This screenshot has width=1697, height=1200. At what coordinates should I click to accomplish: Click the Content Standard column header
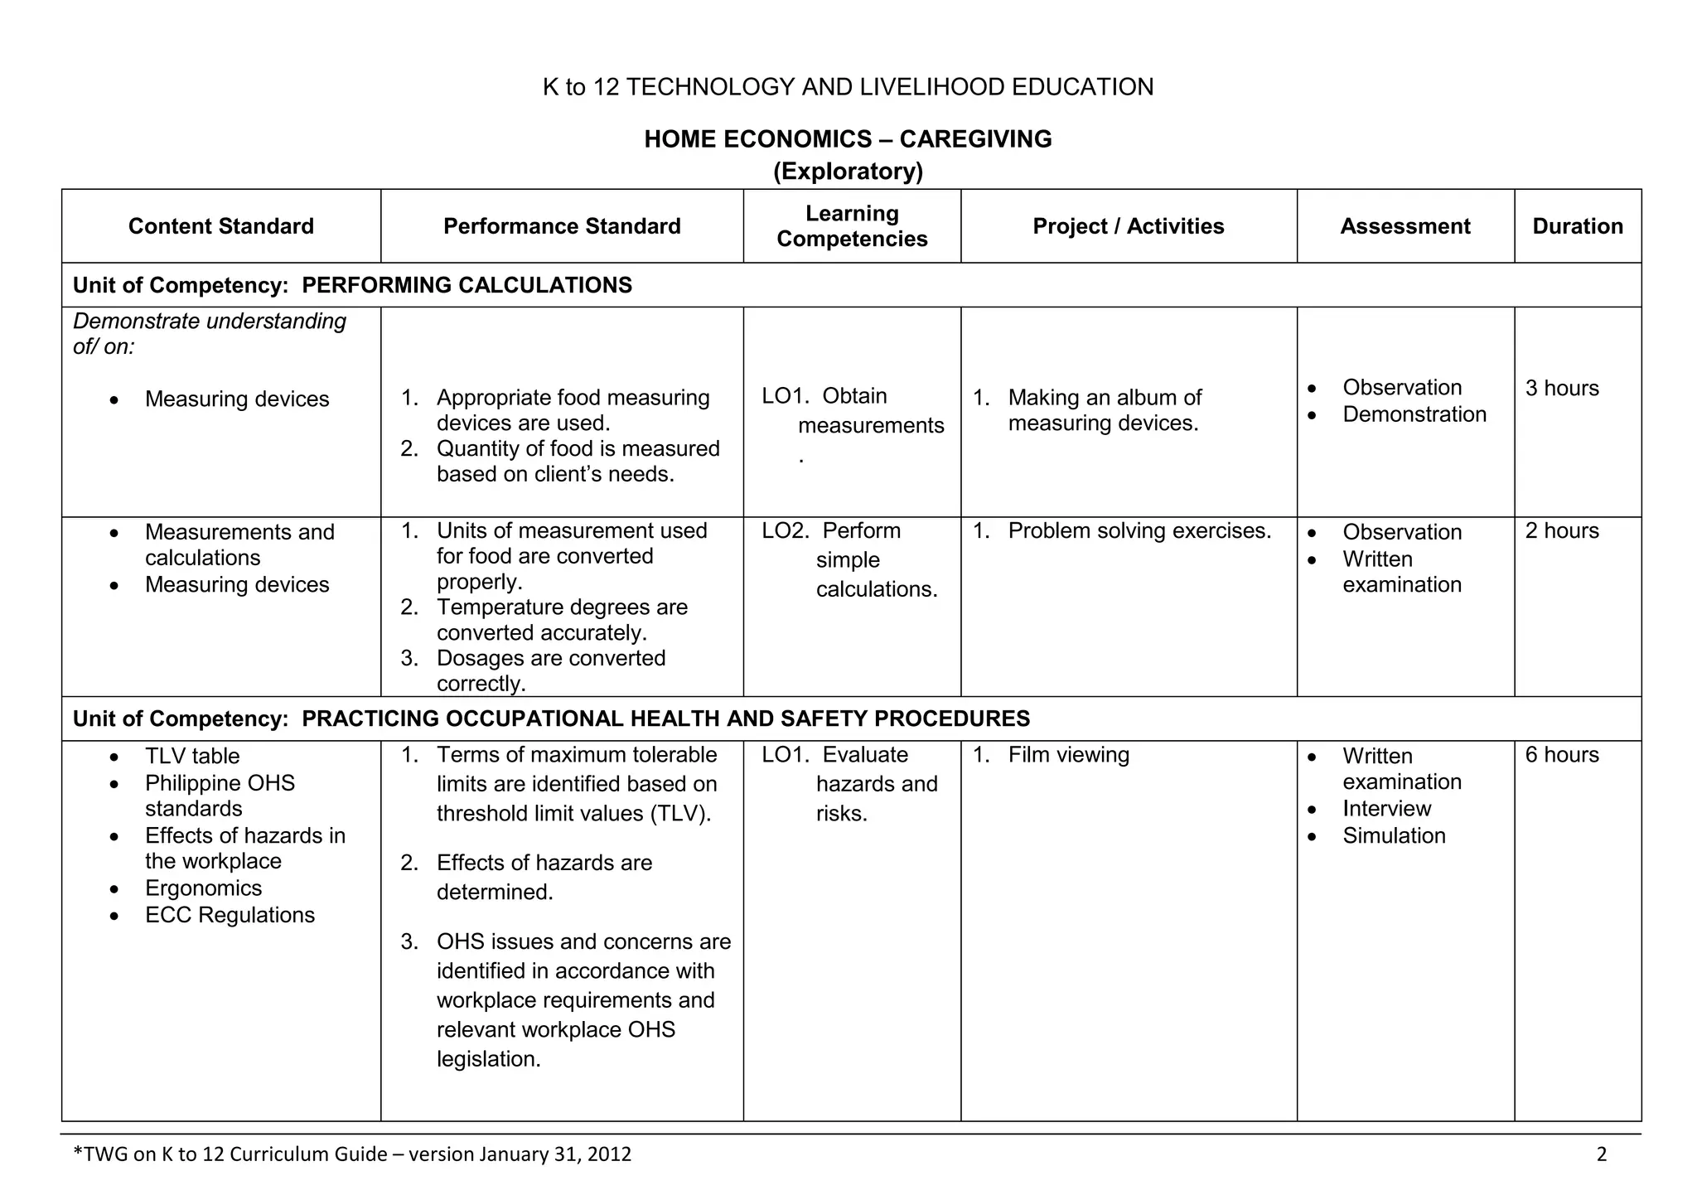[220, 226]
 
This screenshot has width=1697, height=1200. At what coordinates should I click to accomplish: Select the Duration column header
[1577, 226]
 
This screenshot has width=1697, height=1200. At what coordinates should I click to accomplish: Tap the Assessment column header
[1404, 226]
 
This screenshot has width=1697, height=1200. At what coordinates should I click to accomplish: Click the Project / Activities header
[1128, 226]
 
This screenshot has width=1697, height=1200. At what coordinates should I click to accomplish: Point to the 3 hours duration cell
[1561, 388]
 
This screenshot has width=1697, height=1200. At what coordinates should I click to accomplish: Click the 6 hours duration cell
[1561, 755]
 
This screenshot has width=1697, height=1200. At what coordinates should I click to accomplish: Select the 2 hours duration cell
[1561, 530]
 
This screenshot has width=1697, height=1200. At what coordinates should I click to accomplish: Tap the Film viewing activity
[1068, 755]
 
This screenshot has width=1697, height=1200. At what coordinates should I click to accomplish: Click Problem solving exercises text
[1139, 530]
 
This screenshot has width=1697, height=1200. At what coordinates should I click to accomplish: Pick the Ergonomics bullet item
[203, 888]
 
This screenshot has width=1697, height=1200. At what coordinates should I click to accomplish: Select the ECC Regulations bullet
[230, 915]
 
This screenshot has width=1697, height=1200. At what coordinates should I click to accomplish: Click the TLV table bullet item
[192, 756]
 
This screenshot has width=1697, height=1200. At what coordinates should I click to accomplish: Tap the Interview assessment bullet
[1386, 809]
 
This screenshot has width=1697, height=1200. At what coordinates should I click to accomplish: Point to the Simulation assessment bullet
[1394, 835]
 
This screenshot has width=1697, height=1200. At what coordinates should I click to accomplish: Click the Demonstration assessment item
[1414, 414]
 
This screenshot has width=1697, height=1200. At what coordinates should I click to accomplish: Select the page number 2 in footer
[1601, 1154]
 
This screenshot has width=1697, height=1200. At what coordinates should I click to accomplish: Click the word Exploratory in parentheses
[848, 172]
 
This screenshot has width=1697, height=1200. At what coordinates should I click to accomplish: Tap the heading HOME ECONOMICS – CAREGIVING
[848, 138]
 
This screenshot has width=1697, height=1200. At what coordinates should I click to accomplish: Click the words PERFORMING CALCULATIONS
[467, 285]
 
